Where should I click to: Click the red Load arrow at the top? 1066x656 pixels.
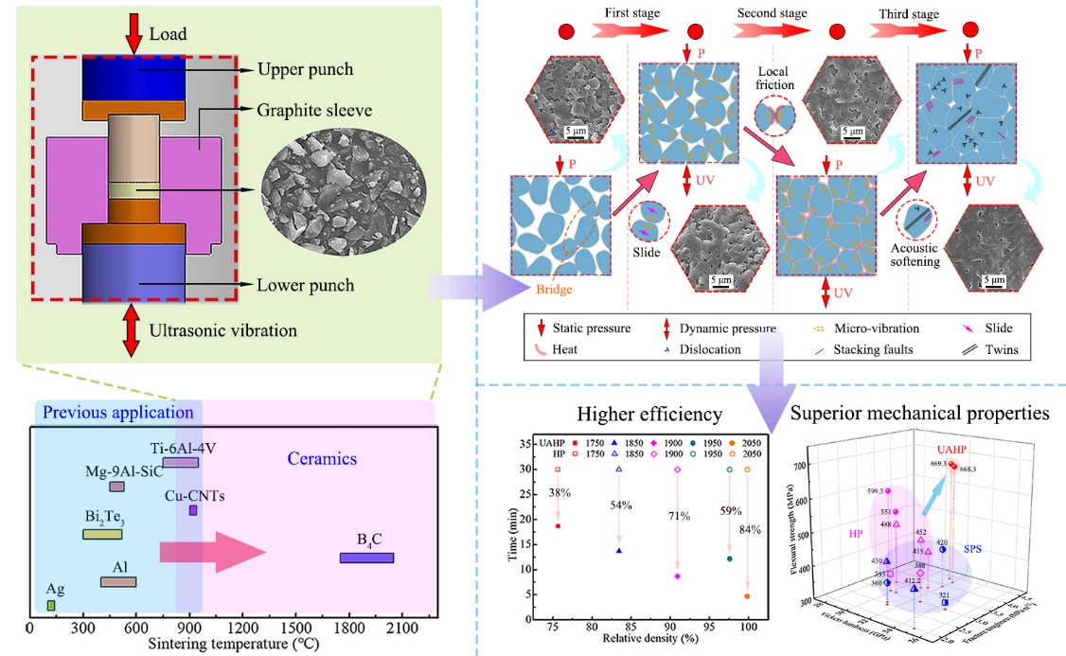[x=133, y=32]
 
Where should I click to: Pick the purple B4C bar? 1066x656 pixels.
[x=366, y=558]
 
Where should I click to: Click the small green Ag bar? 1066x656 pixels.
[x=51, y=605]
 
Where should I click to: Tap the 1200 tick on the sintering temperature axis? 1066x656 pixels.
[x=243, y=628]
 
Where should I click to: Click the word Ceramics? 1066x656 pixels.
[x=322, y=459]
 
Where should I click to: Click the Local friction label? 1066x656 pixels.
[x=776, y=78]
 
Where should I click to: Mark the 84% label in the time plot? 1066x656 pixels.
[x=749, y=529]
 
